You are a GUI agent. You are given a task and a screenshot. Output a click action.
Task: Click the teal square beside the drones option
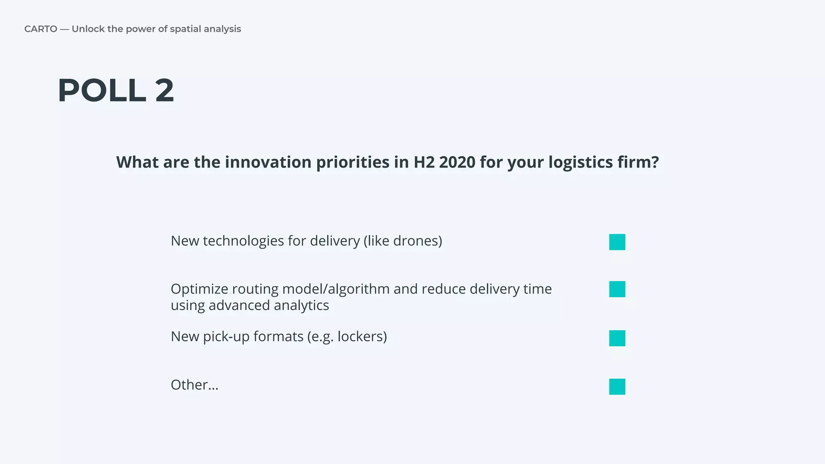(x=617, y=242)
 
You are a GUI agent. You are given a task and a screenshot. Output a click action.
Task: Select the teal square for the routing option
(x=617, y=289)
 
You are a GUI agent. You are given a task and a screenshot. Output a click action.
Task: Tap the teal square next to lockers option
(x=617, y=338)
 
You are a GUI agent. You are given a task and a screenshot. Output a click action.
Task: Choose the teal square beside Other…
(x=617, y=387)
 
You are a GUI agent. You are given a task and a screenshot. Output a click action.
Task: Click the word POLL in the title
(x=102, y=91)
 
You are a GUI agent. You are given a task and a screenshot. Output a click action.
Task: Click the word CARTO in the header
(x=41, y=29)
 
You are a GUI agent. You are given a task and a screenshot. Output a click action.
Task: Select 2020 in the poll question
(x=457, y=162)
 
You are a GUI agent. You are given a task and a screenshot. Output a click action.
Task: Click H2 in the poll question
(x=424, y=162)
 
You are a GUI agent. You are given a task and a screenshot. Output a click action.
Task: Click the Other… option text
(x=195, y=385)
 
